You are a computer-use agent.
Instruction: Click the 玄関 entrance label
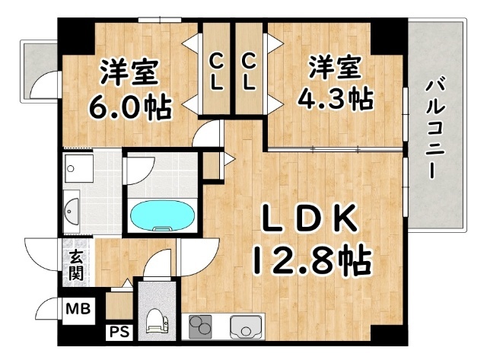[76, 265]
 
